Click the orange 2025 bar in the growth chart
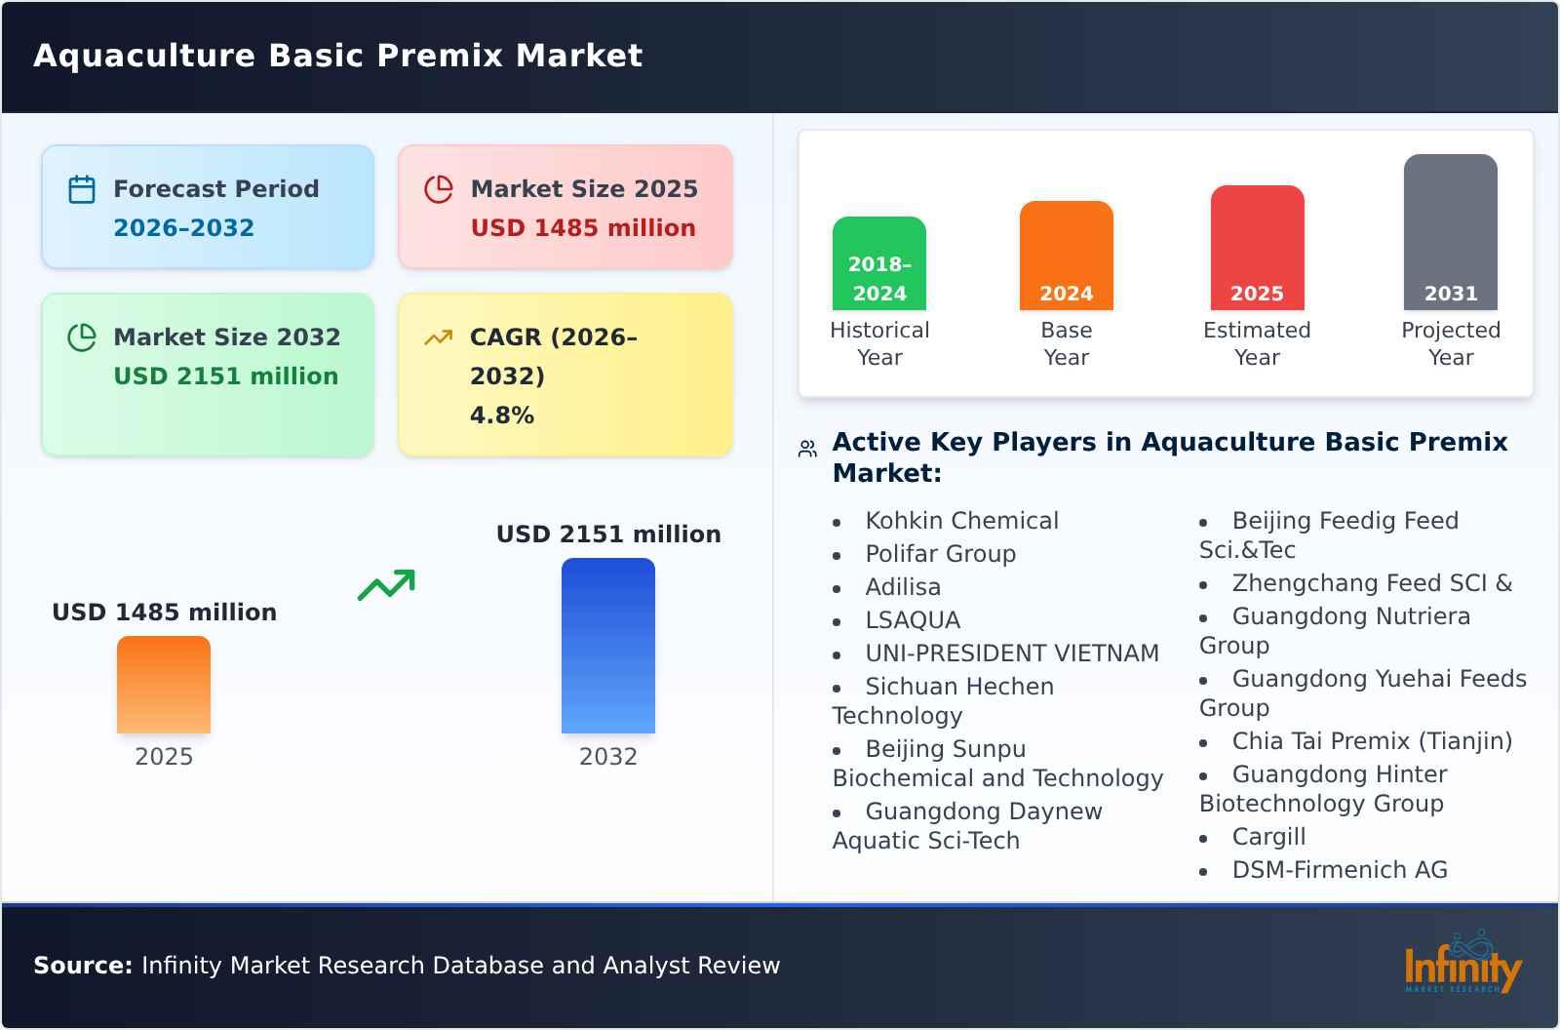pos(164,685)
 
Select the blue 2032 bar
pos(607,646)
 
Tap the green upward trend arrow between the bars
pos(386,585)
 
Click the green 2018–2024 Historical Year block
pos(879,263)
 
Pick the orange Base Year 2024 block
pos(1066,256)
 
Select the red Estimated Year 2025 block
pos(1257,248)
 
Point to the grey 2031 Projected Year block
pos(1450,232)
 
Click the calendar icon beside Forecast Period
pos(82,189)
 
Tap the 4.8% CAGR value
pos(501,416)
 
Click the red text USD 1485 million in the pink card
pos(583,228)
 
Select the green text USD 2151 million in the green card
pos(226,376)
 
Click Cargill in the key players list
pos(1268,837)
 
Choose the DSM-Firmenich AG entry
pos(1340,870)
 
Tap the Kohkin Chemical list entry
pos(961,521)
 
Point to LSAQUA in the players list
pos(913,620)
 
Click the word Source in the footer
pos(82,966)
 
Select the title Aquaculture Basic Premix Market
pos(337,56)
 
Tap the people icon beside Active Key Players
pos(807,449)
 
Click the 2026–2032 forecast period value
pos(183,228)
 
